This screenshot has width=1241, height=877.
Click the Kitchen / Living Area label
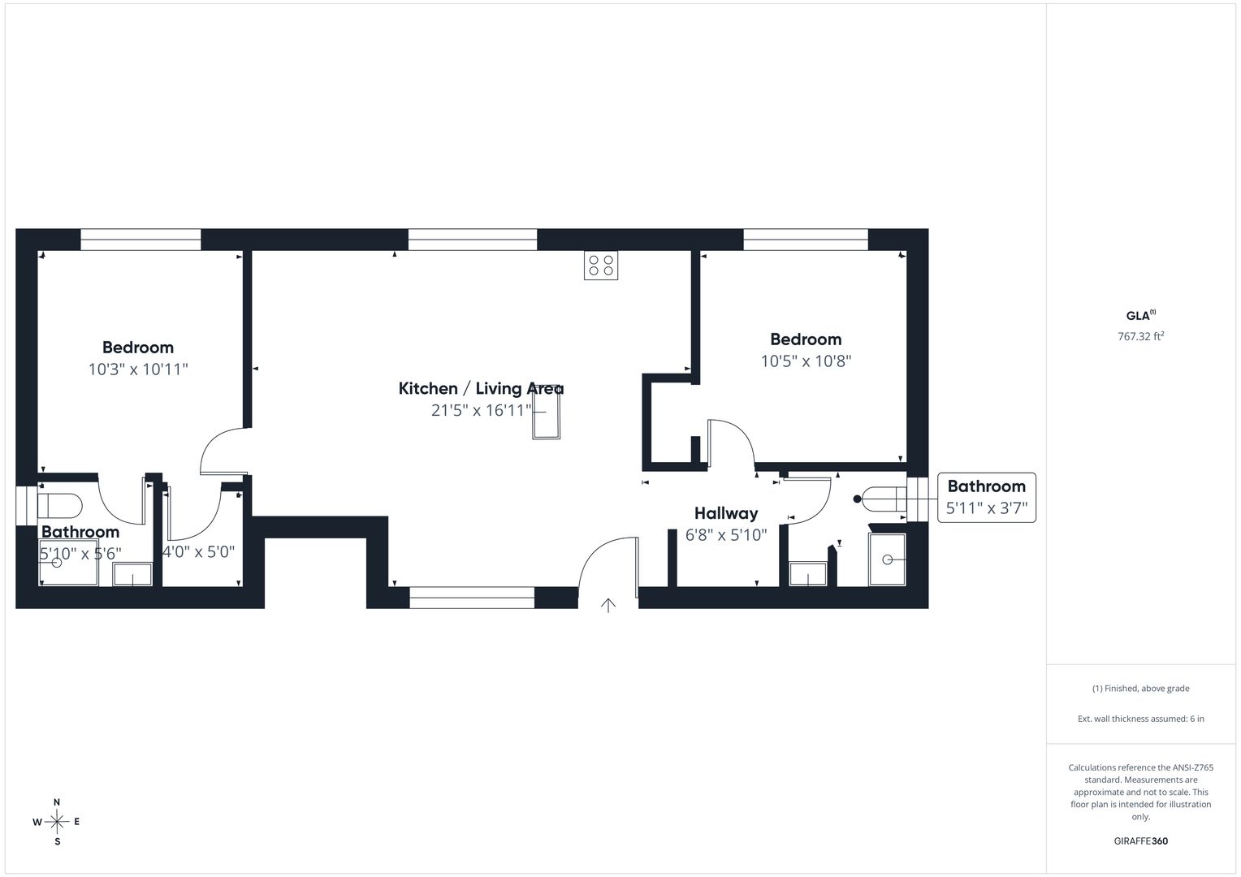click(x=481, y=388)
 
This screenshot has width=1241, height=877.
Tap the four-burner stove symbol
click(x=600, y=266)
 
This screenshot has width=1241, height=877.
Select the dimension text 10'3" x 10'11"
click(x=138, y=369)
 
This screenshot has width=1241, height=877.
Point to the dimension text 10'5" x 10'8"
click(x=806, y=361)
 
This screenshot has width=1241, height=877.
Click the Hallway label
click(x=726, y=513)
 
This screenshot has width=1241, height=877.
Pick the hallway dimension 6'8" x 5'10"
click(x=726, y=534)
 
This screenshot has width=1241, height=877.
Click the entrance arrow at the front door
click(x=608, y=605)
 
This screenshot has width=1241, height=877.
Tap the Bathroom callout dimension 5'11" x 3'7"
click(x=986, y=508)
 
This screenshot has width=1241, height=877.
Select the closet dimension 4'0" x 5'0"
click(x=198, y=552)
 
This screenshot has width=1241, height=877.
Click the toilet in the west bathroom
click(x=60, y=506)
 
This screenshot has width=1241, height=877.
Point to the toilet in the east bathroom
click(x=884, y=499)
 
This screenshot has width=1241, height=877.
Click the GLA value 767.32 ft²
click(x=1140, y=336)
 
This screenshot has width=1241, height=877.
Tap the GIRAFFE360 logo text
click(x=1140, y=841)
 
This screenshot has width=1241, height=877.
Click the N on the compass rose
click(x=57, y=802)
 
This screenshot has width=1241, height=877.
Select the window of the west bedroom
click(x=141, y=240)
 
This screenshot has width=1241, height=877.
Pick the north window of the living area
click(x=473, y=240)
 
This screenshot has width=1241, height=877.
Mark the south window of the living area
click(x=472, y=598)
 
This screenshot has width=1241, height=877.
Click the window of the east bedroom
click(x=806, y=240)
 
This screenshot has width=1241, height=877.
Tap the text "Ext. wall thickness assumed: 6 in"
click(x=1140, y=719)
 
